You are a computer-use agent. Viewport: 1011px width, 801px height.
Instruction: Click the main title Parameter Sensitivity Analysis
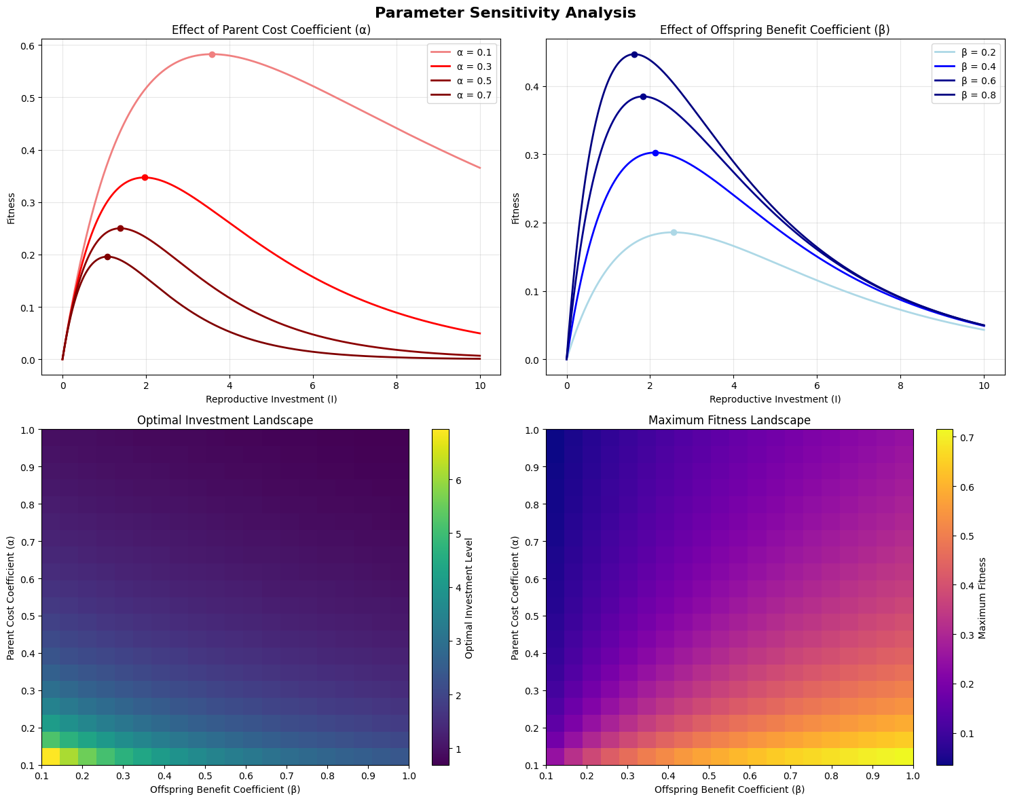click(x=505, y=13)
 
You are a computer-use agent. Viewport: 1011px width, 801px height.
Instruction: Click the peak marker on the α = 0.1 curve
click(x=212, y=54)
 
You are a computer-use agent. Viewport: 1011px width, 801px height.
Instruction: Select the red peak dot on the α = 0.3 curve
click(x=145, y=177)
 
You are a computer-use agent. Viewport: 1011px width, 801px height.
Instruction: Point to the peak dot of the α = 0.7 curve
click(x=107, y=257)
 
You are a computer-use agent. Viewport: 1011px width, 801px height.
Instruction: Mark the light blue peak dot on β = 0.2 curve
click(x=674, y=232)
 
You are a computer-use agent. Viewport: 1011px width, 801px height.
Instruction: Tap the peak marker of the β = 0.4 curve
click(x=655, y=153)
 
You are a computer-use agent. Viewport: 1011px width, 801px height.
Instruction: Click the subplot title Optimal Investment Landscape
click(x=225, y=420)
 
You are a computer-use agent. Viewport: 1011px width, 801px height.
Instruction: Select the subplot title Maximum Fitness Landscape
click(x=729, y=420)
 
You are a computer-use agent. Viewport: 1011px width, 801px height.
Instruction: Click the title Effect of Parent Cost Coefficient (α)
click(x=271, y=30)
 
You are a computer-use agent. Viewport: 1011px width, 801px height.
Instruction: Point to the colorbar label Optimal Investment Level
click(x=469, y=597)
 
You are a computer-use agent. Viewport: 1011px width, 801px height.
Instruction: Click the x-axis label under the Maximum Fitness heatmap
click(x=729, y=789)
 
